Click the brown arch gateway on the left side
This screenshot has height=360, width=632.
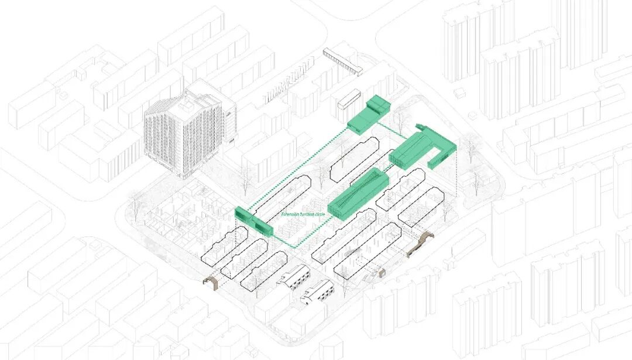[x=210, y=283]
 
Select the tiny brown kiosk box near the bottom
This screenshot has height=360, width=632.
[x=383, y=272]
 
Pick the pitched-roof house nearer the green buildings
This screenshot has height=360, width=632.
[x=296, y=276]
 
